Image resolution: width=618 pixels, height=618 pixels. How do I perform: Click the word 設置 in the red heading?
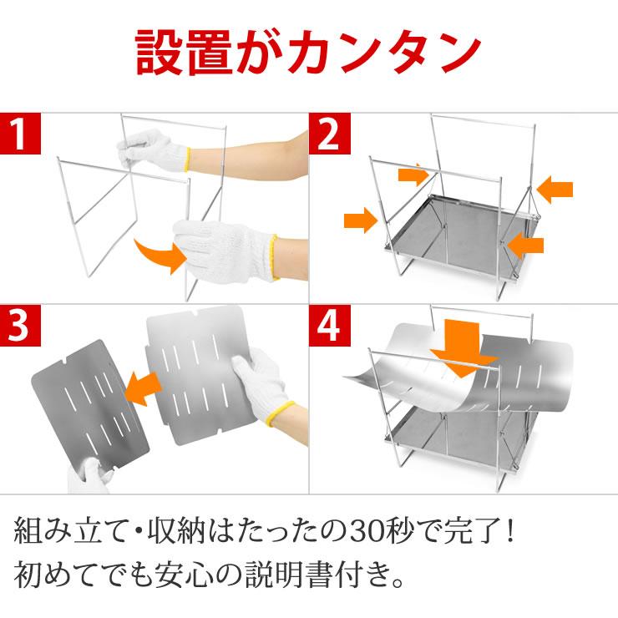(180, 52)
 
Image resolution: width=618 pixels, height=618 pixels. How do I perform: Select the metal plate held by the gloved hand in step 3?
(196, 376)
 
